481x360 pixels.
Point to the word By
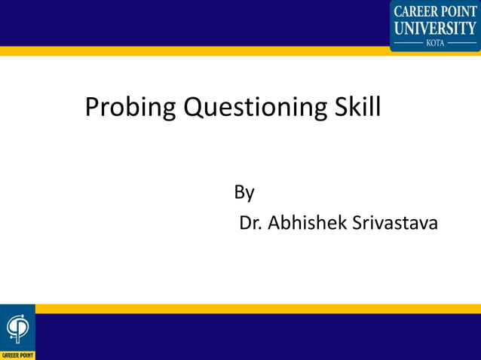[x=244, y=193]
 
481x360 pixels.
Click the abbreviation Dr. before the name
[x=250, y=224]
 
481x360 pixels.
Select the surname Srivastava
[x=394, y=224]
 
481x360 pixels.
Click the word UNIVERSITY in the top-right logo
[x=436, y=29]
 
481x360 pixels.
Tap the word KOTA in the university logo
[x=436, y=43]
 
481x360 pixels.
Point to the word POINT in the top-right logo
[x=459, y=11]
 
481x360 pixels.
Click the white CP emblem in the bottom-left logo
[x=17, y=328]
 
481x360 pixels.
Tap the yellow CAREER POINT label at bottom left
[x=17, y=355]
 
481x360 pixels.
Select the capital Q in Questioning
[x=195, y=108]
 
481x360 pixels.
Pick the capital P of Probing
[x=92, y=108]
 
